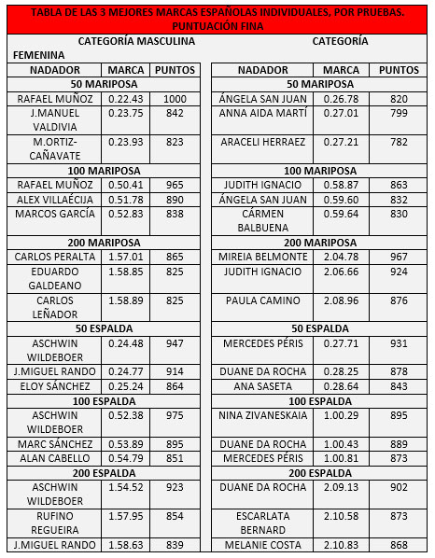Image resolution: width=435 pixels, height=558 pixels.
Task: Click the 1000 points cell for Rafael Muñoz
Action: pos(175,99)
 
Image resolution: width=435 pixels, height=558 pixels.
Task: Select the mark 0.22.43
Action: pos(126,99)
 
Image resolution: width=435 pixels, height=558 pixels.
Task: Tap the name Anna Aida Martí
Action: pos(262,114)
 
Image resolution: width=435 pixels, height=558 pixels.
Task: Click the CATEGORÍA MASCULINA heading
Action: pos(136,42)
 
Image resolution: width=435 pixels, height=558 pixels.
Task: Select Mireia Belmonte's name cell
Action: pos(262,257)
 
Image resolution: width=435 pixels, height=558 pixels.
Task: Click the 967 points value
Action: pos(399,257)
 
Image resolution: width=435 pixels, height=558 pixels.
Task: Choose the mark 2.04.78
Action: pos(341,257)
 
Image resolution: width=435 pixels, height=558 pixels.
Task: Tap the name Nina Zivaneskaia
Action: pos(262,414)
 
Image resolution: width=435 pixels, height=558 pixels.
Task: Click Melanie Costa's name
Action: pos(262,545)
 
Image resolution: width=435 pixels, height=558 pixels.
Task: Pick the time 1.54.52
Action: pos(126,486)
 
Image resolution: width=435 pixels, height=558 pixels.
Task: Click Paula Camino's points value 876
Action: pos(399,300)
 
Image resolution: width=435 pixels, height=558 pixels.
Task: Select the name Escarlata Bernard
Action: pos(262,523)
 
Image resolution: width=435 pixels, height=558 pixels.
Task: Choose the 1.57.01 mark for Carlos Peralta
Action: pos(126,257)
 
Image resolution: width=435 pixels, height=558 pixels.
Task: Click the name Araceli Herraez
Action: pos(262,142)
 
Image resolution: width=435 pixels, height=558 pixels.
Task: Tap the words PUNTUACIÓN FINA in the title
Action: pos(217,26)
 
